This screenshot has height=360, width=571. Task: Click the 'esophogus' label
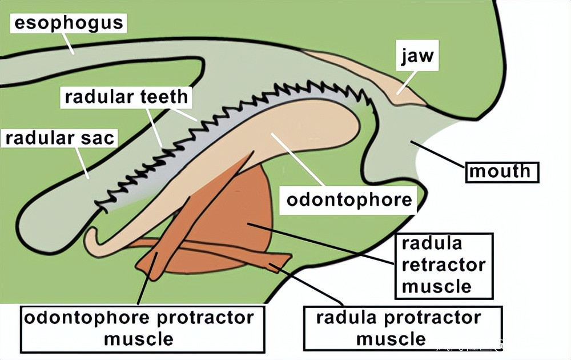tap(68, 23)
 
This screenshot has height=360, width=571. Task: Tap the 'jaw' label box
tap(417, 57)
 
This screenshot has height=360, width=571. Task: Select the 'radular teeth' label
tap(126, 97)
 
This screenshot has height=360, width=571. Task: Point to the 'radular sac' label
tap(60, 138)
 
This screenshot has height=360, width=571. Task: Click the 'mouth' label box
tap(502, 171)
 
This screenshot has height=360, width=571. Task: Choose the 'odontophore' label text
tap(349, 200)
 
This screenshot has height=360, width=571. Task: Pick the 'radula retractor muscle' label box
tap(444, 265)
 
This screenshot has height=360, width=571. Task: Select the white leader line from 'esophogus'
tap(68, 42)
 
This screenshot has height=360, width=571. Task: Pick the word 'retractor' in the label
tap(444, 265)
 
